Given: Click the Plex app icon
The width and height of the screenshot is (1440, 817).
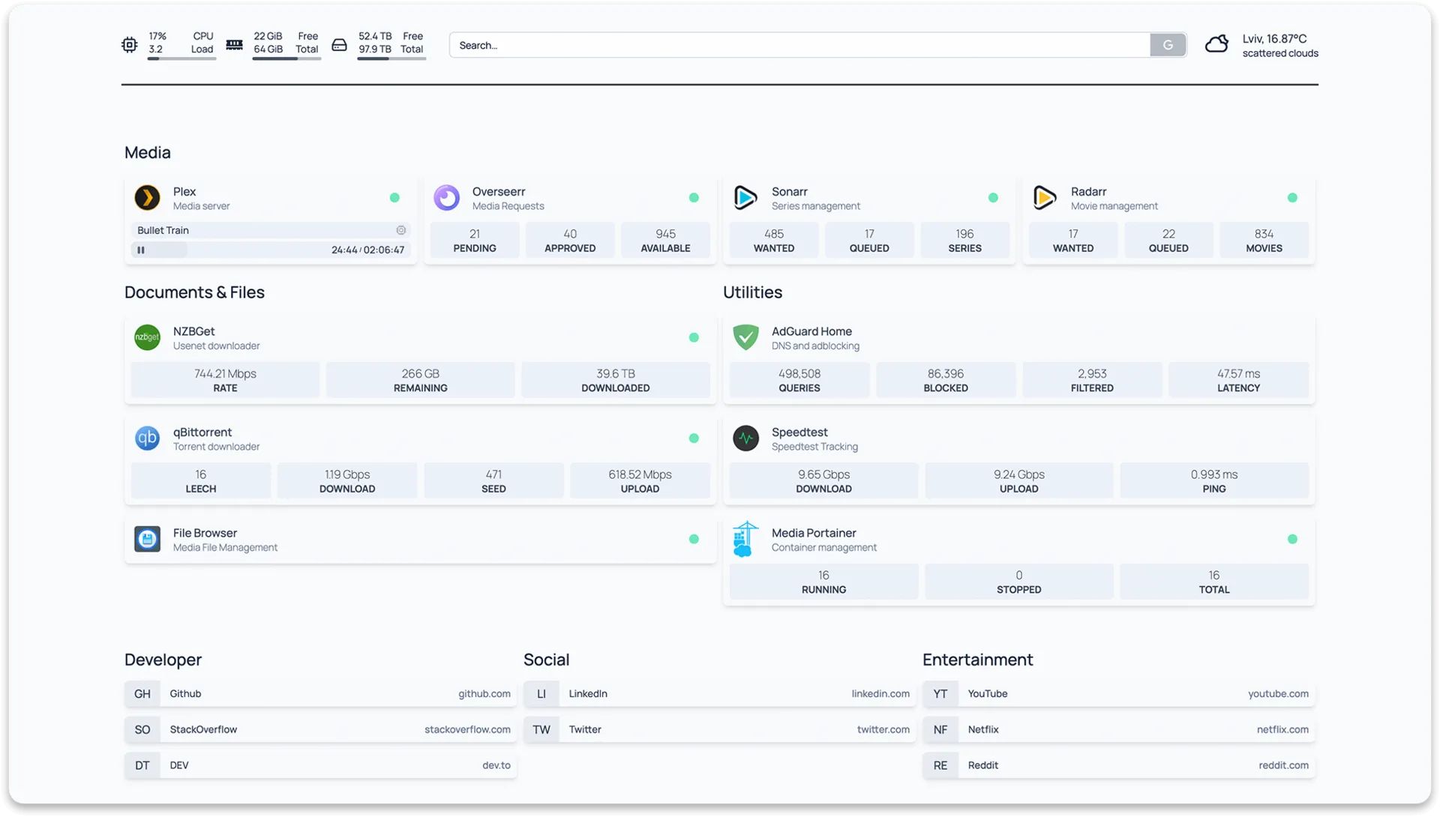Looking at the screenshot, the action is point(147,198).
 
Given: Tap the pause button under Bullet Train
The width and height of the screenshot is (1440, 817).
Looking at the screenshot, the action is point(141,250).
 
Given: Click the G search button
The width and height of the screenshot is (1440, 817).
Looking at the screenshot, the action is point(1168,45).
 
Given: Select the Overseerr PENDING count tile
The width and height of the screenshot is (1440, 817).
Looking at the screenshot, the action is point(475,241).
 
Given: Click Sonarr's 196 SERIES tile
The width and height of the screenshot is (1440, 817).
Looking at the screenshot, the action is point(964,241).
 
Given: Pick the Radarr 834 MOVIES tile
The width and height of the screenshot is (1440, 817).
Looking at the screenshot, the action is point(1264,241).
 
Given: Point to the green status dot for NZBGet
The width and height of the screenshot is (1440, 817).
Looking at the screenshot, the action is point(694,337).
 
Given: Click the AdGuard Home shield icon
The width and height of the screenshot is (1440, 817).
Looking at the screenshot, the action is point(745,337).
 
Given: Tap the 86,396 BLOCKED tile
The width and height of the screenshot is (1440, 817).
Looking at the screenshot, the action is point(946,380).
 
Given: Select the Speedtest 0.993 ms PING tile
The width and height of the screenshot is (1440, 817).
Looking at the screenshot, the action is point(1214,481).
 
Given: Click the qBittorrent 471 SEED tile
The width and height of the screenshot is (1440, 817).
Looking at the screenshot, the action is point(493,481).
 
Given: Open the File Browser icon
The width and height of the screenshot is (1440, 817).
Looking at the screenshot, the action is point(147,539).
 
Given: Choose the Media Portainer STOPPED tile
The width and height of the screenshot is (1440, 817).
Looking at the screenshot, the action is point(1018,582).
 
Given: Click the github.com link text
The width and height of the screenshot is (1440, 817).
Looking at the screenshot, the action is point(484,694).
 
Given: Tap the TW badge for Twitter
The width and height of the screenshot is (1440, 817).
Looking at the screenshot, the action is point(541,729).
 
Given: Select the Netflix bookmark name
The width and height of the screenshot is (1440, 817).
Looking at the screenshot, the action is point(983,729).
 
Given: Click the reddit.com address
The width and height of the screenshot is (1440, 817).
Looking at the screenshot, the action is point(1283,765).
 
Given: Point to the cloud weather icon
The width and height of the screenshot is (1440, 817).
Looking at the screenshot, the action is point(1216,44).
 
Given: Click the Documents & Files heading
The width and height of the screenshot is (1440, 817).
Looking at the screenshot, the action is point(194,292).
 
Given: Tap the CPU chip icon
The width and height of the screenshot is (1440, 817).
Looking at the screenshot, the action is point(129,45).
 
